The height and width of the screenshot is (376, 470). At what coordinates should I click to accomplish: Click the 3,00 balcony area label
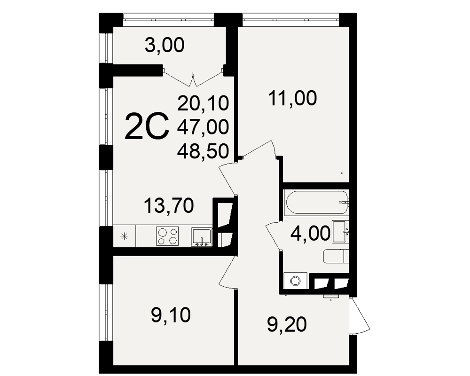164,46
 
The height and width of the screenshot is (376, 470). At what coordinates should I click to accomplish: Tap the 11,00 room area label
292,99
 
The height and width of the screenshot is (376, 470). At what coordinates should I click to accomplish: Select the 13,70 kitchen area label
169,206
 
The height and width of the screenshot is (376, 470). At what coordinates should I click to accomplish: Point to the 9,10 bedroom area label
171,315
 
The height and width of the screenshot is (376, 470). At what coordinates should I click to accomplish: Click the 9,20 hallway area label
287,325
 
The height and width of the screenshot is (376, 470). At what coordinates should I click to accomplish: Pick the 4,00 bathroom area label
310,234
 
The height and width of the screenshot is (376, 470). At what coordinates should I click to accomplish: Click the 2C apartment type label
147,127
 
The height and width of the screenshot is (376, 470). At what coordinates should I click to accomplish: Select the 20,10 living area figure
203,104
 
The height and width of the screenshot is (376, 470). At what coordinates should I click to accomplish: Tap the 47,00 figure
203,127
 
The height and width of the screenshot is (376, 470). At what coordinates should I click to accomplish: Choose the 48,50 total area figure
203,151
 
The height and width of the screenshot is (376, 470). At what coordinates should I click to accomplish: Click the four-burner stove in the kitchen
167,236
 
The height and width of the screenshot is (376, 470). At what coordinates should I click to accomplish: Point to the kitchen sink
202,237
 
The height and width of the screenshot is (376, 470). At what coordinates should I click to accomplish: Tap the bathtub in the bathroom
316,202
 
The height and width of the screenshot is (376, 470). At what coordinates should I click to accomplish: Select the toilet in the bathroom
336,256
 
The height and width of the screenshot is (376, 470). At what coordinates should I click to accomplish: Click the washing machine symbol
296,281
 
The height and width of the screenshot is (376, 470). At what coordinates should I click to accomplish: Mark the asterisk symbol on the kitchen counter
124,236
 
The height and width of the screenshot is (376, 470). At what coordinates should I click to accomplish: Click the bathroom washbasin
340,232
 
